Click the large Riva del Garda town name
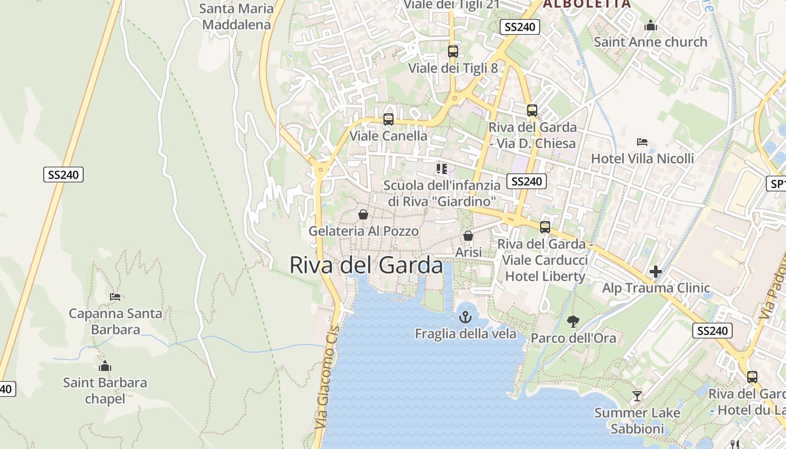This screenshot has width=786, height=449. coord(366,265)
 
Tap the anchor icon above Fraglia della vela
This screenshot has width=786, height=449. coord(465,317)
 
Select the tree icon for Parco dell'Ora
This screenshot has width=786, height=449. coord(573,322)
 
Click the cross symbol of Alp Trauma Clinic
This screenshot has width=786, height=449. coord(655,272)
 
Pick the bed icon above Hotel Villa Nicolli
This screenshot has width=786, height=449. coord(642,142)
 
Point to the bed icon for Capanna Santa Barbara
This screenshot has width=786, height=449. coord(115,297)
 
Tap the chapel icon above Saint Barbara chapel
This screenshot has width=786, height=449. coord(104,366)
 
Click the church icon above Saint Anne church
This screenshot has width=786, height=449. coord(651,25)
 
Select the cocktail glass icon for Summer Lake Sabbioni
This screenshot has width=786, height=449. coord(637,396)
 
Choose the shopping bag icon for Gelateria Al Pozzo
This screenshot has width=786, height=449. coord(363,214)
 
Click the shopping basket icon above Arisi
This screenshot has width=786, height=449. coord(468,236)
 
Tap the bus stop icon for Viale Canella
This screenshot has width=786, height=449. coord(388,120)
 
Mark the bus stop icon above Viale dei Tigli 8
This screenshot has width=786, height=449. coord(453,52)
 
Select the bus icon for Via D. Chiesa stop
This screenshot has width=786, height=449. coord(532,111)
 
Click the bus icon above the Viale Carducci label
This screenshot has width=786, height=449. coord(545,227)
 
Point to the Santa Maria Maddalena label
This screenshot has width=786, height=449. coord(236,16)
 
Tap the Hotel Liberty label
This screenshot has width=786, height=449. coord(545,276)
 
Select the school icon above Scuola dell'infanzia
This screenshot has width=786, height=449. coord(442,168)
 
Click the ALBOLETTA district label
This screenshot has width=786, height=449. coord(586,3)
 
